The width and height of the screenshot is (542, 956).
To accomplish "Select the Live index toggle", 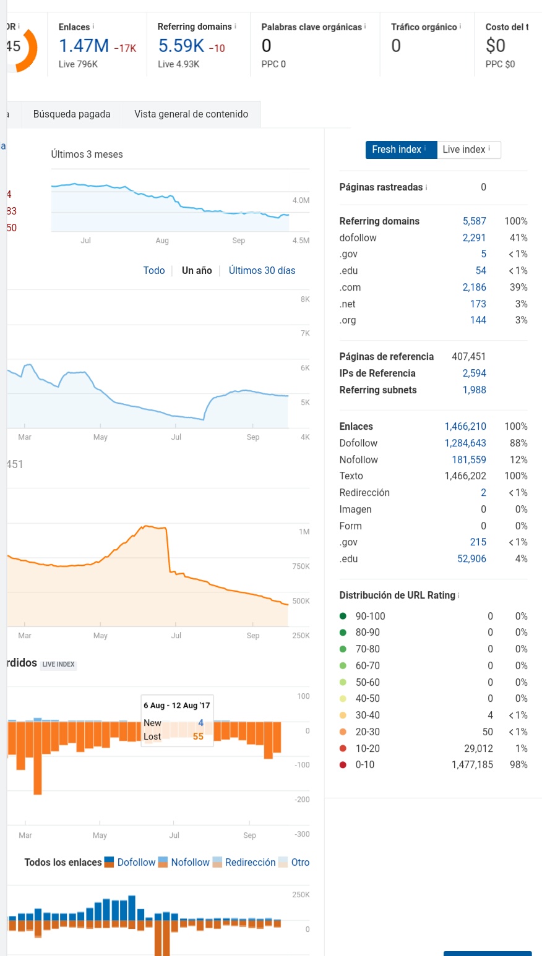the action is (x=468, y=150).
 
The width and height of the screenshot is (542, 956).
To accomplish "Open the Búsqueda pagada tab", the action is (x=72, y=114).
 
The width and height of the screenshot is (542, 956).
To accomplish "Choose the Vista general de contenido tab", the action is (x=191, y=114).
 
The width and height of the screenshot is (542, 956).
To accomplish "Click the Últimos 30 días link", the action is (x=262, y=271).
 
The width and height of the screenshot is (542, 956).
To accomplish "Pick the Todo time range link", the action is (x=154, y=271).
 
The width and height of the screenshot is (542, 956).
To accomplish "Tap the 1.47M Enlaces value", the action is (x=84, y=46).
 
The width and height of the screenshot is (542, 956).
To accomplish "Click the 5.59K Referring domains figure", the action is (x=181, y=46).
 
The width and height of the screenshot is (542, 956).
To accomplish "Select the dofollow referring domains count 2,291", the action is (x=474, y=237).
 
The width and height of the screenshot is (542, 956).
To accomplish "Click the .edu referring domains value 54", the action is (x=481, y=271).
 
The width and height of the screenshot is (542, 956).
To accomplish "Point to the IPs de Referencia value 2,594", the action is (x=474, y=373).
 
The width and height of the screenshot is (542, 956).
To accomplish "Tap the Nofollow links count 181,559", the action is (x=469, y=459).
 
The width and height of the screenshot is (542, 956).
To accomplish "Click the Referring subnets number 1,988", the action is (x=474, y=390).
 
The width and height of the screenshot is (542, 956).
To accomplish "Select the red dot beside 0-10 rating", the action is (x=343, y=764).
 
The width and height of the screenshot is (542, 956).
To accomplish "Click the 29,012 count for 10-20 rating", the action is (x=478, y=749).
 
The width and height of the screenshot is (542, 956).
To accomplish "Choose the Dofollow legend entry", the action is (x=136, y=862).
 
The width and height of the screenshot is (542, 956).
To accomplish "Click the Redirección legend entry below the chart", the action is (x=251, y=862).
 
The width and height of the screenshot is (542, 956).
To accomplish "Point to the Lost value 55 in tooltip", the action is (x=198, y=736).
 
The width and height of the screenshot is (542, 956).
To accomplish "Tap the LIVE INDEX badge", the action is (x=59, y=664).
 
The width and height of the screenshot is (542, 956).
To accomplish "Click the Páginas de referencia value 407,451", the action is (x=468, y=357).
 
